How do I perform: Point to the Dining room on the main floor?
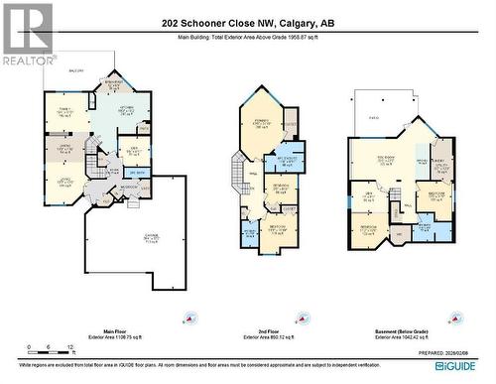point(62,148)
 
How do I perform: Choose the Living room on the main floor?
point(62,183)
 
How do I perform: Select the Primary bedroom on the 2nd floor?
point(262,124)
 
